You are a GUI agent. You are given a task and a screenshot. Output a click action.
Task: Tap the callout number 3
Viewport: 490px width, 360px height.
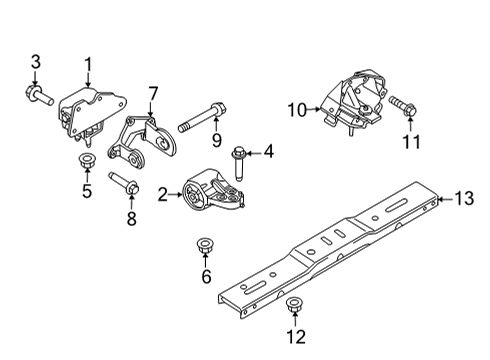coord(36,65)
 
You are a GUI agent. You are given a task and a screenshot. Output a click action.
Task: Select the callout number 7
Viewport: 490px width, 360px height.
coord(153,94)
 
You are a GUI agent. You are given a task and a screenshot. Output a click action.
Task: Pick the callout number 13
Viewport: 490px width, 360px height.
coord(461,200)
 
